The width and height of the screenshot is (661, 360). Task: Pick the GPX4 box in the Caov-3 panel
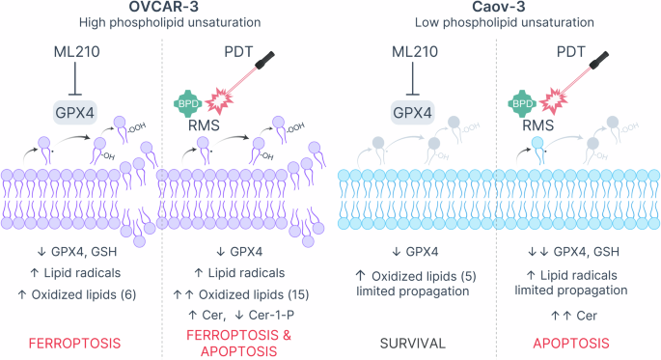pyautogui.click(x=410, y=113)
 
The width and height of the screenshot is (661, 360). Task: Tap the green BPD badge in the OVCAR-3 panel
pyautogui.click(x=188, y=99)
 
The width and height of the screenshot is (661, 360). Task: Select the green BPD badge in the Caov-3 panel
pyautogui.click(x=522, y=99)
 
